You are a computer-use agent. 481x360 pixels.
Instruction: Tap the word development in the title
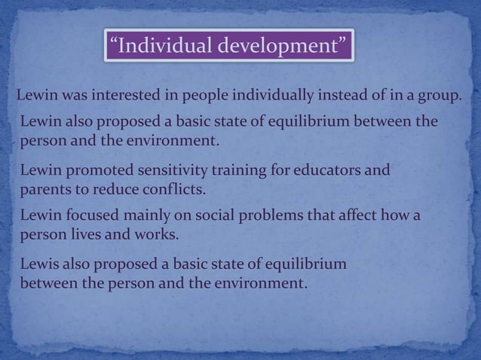(281, 47)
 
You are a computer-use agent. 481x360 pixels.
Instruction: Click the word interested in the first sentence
(128, 96)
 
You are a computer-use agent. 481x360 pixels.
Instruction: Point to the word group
(439, 96)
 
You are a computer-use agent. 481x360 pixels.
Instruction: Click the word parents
(44, 188)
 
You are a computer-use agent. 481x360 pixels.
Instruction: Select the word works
(155, 233)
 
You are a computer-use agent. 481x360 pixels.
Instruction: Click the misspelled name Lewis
(40, 267)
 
